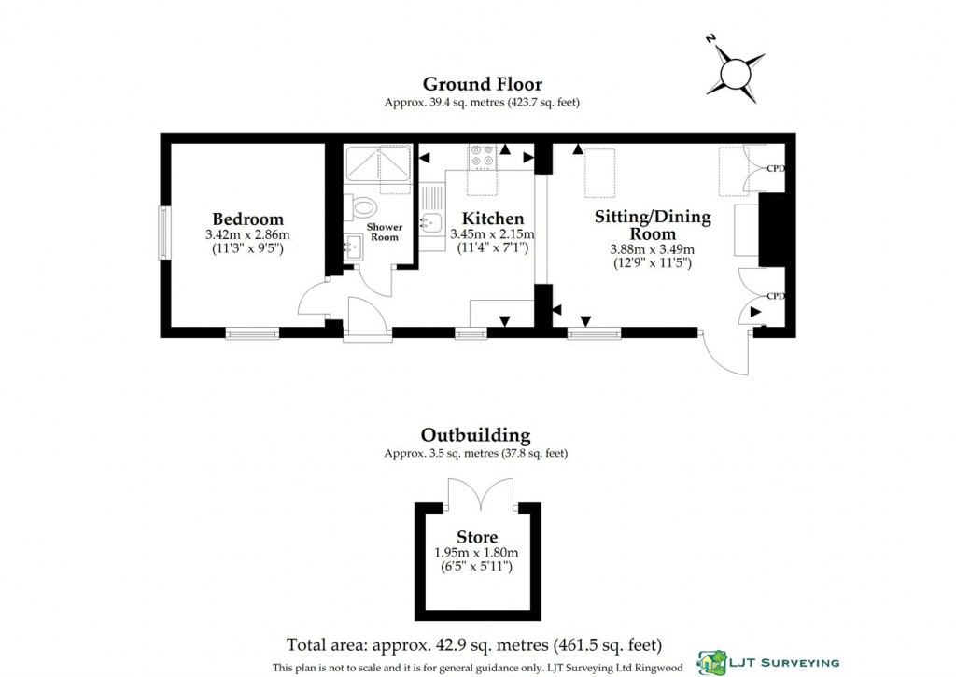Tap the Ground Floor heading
[x=482, y=85]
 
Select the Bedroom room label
[x=247, y=219]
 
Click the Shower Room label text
[x=384, y=232]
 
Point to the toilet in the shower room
[x=365, y=206]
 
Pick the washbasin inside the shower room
[x=354, y=247]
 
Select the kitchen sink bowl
[x=431, y=223]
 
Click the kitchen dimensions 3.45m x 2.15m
[x=492, y=234]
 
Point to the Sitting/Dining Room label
[x=653, y=225]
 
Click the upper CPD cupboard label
[x=775, y=169]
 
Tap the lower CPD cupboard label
[x=775, y=296]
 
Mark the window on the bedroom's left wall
[x=164, y=233]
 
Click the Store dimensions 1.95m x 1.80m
[x=477, y=553]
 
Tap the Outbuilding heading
[x=475, y=435]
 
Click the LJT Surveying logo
[x=767, y=660]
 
